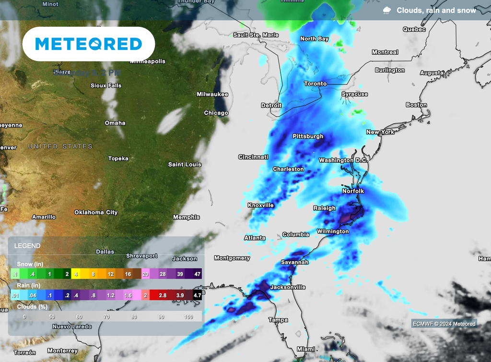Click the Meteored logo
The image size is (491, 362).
pos(89,44)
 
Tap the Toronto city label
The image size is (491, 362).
pos(315,84)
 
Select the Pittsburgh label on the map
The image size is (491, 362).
pos(308,136)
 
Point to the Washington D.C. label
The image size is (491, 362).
pos(343,160)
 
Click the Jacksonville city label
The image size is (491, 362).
pos(288,287)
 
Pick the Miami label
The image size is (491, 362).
pos(306,349)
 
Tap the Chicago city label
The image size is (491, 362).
pos(216,113)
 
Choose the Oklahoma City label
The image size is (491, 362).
pos(96,212)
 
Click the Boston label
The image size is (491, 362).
pos(416,105)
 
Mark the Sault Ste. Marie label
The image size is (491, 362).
pos(256,35)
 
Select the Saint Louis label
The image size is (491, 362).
pos(185,165)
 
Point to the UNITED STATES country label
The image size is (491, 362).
pos(60,146)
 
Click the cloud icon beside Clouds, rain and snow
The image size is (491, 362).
pos(386,11)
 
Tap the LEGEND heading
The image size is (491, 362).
pos(27,246)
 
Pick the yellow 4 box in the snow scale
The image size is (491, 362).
pos(76,274)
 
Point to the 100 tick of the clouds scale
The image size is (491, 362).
pos(188,317)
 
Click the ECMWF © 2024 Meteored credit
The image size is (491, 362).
pos(444,324)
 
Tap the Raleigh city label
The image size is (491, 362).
pos(324,208)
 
